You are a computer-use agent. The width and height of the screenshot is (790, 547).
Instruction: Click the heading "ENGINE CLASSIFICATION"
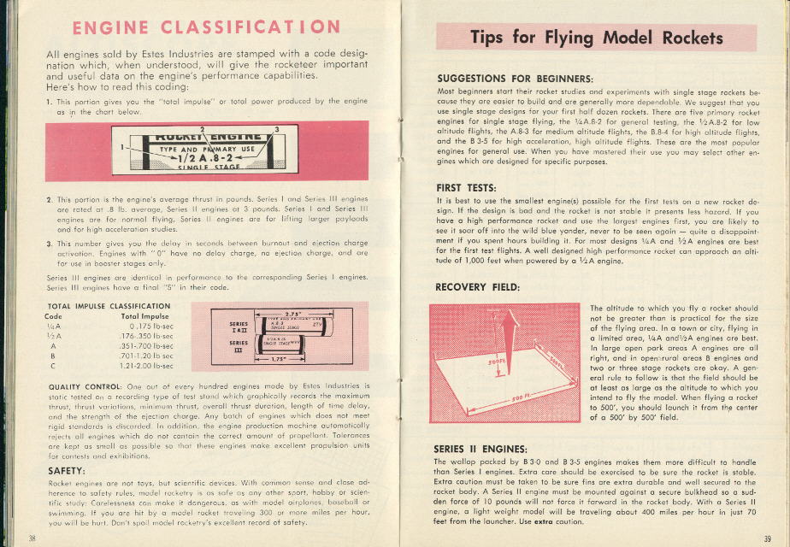tap(206, 27)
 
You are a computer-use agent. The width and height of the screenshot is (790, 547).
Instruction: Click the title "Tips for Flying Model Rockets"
tap(596, 38)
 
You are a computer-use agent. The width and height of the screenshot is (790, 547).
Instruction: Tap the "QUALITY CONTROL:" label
tap(82, 386)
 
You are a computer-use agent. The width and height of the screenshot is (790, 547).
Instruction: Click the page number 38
tap(32, 538)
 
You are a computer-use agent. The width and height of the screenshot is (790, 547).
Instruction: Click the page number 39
tap(767, 538)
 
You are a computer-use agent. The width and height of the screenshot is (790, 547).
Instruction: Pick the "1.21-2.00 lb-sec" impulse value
tap(145, 364)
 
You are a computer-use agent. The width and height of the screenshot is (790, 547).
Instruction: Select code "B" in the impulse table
tap(53, 355)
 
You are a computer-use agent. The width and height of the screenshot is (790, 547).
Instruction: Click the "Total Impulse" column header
tap(144, 316)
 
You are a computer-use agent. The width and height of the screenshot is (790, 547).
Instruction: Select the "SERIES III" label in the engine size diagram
tap(239, 346)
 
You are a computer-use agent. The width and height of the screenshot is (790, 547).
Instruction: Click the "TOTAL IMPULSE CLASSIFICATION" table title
tap(97, 306)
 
